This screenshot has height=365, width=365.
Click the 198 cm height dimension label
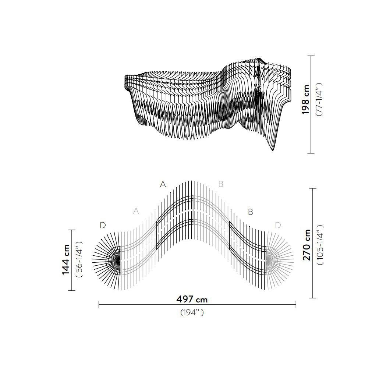point(305,99)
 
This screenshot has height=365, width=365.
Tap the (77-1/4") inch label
point(318,99)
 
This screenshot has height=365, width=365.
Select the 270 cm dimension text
point(306,245)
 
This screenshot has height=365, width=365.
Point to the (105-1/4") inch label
point(320,245)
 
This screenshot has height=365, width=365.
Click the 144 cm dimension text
point(65,259)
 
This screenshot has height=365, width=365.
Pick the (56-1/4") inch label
point(79,259)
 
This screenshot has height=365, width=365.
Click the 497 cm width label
point(192,299)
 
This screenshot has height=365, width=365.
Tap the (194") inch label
point(192,312)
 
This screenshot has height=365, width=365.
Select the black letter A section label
point(163,184)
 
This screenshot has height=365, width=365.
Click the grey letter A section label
point(136,211)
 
